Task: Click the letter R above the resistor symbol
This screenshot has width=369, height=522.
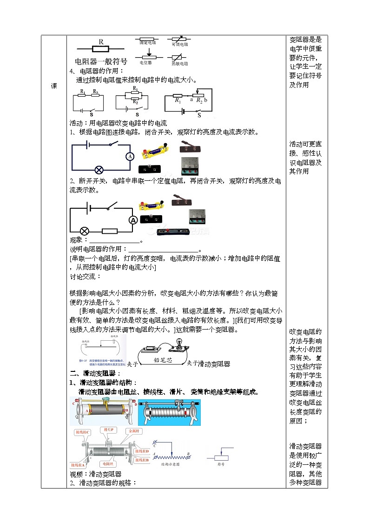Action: point(101,41)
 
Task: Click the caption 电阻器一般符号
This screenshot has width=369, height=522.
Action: point(101,61)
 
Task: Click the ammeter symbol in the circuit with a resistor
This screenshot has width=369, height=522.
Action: point(132,220)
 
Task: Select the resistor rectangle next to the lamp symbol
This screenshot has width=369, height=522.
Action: point(109,231)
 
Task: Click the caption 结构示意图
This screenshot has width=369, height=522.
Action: point(170,464)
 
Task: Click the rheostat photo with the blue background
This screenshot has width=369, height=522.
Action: point(169,412)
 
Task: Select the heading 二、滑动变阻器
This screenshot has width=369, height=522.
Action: point(95,373)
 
